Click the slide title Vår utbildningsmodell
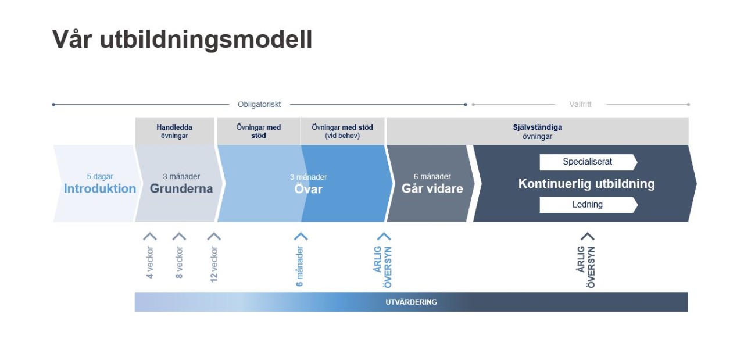[x=182, y=39]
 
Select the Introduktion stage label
[x=100, y=188]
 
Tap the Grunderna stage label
[x=181, y=188]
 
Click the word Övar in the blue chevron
[x=308, y=189]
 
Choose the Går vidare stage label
[x=432, y=188]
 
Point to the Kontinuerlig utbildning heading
[x=586, y=184]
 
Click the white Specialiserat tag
[x=587, y=162]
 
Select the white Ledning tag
[x=587, y=205]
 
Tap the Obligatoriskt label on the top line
[x=259, y=105]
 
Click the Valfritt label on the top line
[x=580, y=105]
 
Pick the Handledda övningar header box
[x=174, y=131]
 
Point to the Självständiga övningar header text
[x=537, y=131]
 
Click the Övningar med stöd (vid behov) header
[x=342, y=131]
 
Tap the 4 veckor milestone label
[x=150, y=262]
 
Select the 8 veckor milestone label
[x=179, y=262]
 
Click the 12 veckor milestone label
[x=214, y=264]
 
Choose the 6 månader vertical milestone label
[x=300, y=266]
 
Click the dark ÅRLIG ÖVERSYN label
[x=586, y=267]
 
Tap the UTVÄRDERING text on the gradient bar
[x=411, y=302]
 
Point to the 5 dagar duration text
[x=100, y=177]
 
